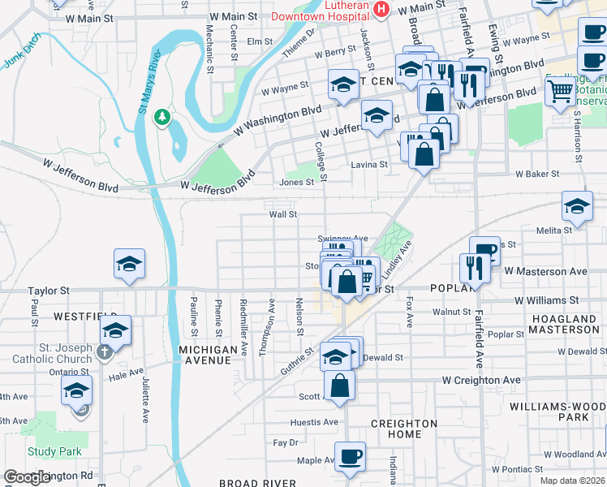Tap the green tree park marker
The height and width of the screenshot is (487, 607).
[x=162, y=117]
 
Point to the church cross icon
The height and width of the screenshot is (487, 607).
[x=104, y=352]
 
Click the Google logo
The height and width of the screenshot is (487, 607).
[x=27, y=477]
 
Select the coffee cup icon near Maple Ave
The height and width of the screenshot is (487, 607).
[x=350, y=455]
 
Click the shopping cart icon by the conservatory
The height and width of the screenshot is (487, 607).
[x=560, y=93]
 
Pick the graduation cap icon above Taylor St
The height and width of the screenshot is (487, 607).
[x=129, y=264]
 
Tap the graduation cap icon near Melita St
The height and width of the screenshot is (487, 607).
[x=577, y=206]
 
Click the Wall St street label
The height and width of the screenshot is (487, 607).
[x=284, y=215]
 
